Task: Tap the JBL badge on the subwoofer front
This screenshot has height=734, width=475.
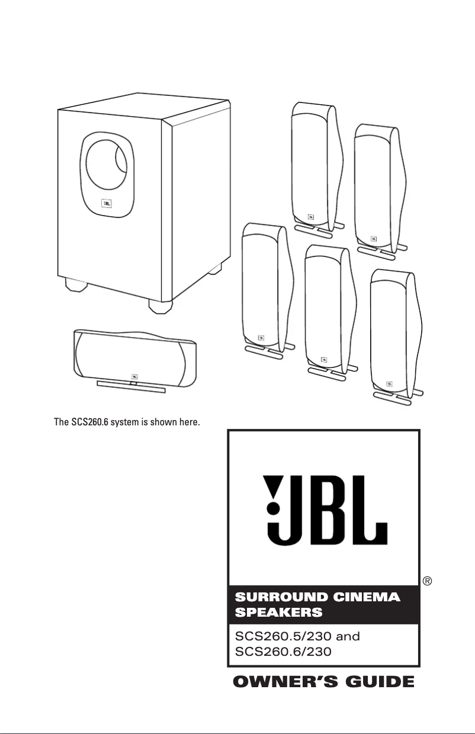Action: coord(107,204)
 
